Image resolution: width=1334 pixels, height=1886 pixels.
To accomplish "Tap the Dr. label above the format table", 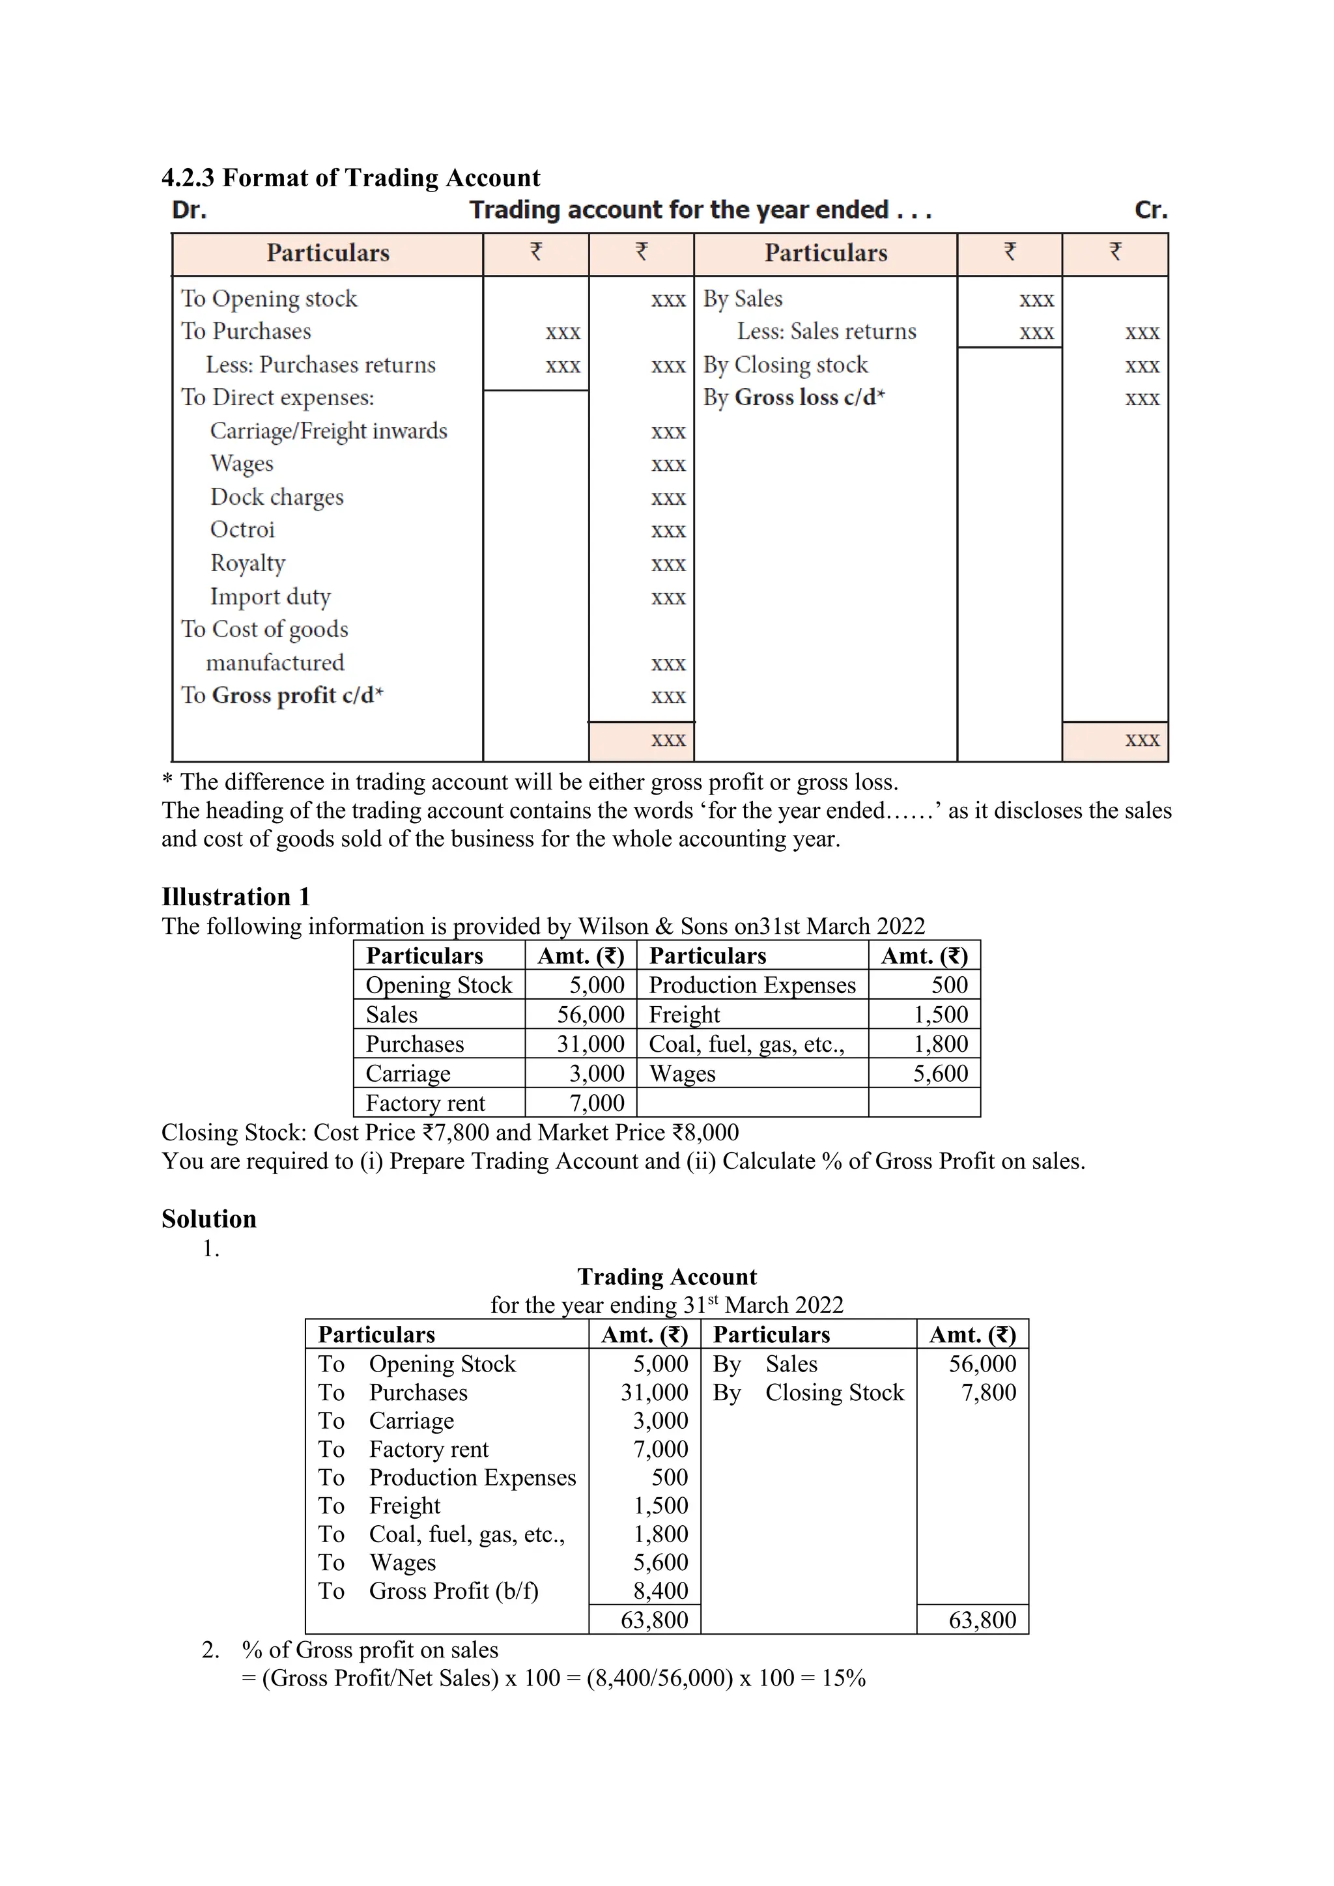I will (x=189, y=210).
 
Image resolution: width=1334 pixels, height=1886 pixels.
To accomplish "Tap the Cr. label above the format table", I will (x=1150, y=210).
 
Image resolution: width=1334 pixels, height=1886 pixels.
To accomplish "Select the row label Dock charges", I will (x=277, y=497).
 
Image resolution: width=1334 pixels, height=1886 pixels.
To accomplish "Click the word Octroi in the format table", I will (x=242, y=530).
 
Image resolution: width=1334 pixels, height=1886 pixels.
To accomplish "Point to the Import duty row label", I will (x=270, y=597).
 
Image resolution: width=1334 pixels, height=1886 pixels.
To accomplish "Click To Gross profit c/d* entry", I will (x=282, y=696).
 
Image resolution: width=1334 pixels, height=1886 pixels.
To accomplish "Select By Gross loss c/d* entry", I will (x=793, y=397).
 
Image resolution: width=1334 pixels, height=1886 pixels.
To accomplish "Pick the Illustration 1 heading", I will (x=236, y=896).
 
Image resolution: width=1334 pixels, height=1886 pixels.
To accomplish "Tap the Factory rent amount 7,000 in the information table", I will (x=597, y=1103).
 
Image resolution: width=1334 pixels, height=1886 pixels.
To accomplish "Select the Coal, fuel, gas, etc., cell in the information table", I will (x=746, y=1044).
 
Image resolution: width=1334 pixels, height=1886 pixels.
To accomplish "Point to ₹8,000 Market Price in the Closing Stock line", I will (x=705, y=1133).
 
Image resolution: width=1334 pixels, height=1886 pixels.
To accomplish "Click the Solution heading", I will (x=208, y=1218).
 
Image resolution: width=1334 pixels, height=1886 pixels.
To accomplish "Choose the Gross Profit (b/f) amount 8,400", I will (x=660, y=1590).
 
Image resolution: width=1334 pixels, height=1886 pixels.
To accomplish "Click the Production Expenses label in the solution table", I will (x=472, y=1477).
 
